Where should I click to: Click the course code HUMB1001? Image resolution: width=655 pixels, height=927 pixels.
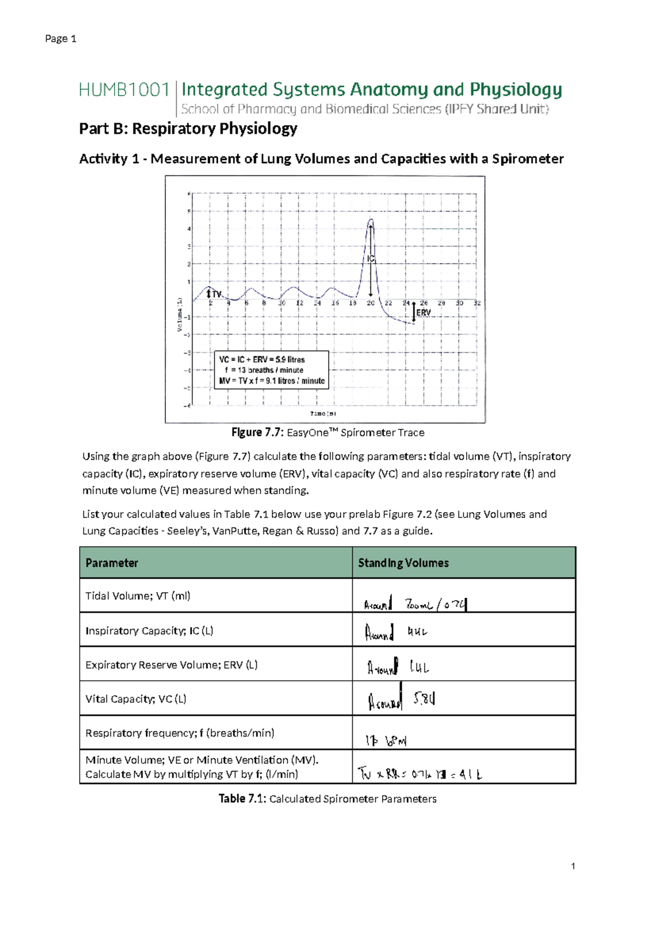(124, 90)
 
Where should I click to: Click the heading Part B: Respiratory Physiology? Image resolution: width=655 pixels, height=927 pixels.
(188, 128)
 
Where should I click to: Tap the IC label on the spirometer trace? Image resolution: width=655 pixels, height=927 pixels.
(371, 259)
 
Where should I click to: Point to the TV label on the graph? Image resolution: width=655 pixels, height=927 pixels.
(217, 294)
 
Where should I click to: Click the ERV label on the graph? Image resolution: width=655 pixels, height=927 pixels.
(424, 313)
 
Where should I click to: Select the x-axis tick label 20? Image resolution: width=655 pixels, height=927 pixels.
(371, 303)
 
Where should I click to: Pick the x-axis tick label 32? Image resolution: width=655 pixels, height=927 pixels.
(477, 303)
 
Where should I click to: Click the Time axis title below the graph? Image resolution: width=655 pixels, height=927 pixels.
(323, 414)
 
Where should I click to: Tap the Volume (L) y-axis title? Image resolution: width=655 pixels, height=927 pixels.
(179, 314)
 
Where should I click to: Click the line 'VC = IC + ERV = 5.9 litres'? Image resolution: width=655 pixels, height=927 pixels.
(262, 360)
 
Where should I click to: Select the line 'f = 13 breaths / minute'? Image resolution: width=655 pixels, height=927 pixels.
(264, 370)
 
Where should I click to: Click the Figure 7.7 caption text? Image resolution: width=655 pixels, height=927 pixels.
(327, 432)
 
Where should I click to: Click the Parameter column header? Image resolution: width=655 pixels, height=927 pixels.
(112, 563)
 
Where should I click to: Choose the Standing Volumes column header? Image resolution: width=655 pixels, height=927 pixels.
(403, 563)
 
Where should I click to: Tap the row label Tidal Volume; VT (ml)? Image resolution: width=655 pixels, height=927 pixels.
(138, 596)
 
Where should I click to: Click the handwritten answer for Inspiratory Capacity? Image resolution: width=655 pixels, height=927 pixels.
(396, 632)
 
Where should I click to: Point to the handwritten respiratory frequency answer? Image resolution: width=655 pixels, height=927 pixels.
(386, 740)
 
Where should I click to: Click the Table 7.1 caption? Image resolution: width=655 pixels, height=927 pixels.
(327, 799)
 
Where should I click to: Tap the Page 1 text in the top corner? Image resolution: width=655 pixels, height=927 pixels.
(61, 38)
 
